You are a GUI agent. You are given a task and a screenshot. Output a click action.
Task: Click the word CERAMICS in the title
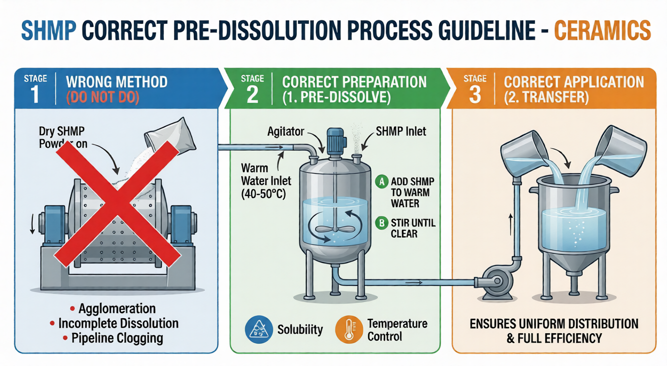click(x=601, y=30)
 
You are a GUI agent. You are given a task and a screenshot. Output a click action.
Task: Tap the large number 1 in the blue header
click(x=35, y=93)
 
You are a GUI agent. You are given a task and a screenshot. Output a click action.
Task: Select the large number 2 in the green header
click(x=252, y=93)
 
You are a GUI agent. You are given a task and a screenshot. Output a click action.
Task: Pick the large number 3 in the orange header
click(x=474, y=93)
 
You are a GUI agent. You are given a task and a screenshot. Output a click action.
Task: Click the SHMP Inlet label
click(x=401, y=132)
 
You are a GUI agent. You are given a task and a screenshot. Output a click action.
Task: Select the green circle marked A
click(x=381, y=182)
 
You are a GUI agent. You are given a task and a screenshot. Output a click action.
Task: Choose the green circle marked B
click(x=381, y=223)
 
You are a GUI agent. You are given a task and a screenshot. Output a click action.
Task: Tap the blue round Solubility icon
click(x=259, y=329)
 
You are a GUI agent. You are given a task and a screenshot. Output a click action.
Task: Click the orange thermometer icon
click(x=349, y=329)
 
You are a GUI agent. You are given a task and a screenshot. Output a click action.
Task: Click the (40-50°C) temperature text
click(x=264, y=193)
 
